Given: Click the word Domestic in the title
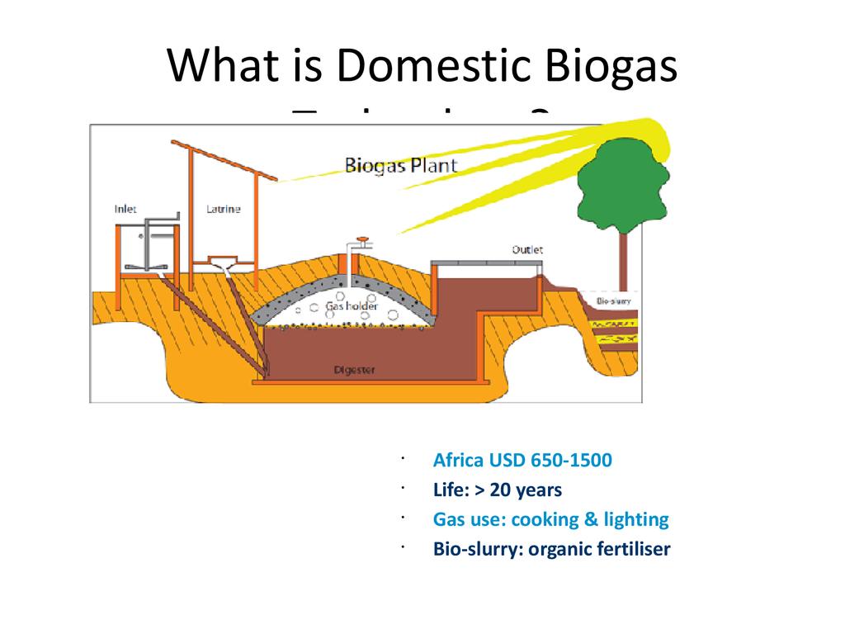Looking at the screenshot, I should click(x=434, y=66).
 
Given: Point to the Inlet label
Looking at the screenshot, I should click(x=125, y=209).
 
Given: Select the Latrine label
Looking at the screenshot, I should click(x=223, y=209).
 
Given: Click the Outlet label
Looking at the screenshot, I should click(x=527, y=249).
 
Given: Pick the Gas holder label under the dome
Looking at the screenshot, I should click(x=352, y=306).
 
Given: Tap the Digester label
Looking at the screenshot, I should click(x=354, y=370).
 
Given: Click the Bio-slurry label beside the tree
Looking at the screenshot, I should click(x=613, y=301).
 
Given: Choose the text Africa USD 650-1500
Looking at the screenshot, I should click(x=522, y=460).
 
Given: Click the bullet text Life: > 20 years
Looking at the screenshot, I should click(x=498, y=490).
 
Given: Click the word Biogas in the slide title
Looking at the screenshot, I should click(x=607, y=66).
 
